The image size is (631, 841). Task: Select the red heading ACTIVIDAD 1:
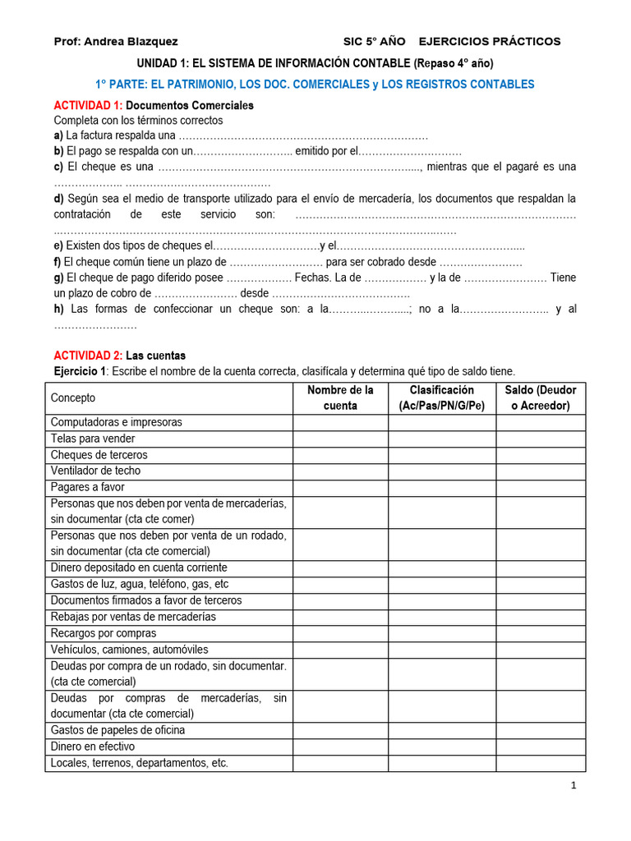tap(88, 105)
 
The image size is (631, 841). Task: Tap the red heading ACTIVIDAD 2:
tap(88, 356)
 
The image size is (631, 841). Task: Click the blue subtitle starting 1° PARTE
tap(315, 84)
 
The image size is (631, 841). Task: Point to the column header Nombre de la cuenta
tap(340, 398)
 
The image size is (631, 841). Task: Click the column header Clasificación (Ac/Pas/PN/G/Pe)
tap(442, 398)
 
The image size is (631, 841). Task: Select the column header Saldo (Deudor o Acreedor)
tap(540, 398)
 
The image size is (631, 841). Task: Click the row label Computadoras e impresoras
tap(116, 422)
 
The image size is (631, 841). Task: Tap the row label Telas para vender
tap(93, 439)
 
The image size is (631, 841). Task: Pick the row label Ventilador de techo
tap(95, 471)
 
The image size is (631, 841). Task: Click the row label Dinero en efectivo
tap(93, 747)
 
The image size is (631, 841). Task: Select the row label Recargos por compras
tap(104, 633)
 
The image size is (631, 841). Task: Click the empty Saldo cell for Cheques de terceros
tap(540, 455)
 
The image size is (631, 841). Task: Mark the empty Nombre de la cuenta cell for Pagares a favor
tap(340, 487)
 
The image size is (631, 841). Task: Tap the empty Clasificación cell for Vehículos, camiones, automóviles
tap(442, 650)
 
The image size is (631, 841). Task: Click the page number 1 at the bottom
tap(573, 786)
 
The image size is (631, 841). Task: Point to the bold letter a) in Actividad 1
tap(58, 136)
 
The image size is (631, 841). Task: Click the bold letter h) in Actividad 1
tap(59, 309)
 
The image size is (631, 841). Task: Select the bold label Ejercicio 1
tap(80, 371)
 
